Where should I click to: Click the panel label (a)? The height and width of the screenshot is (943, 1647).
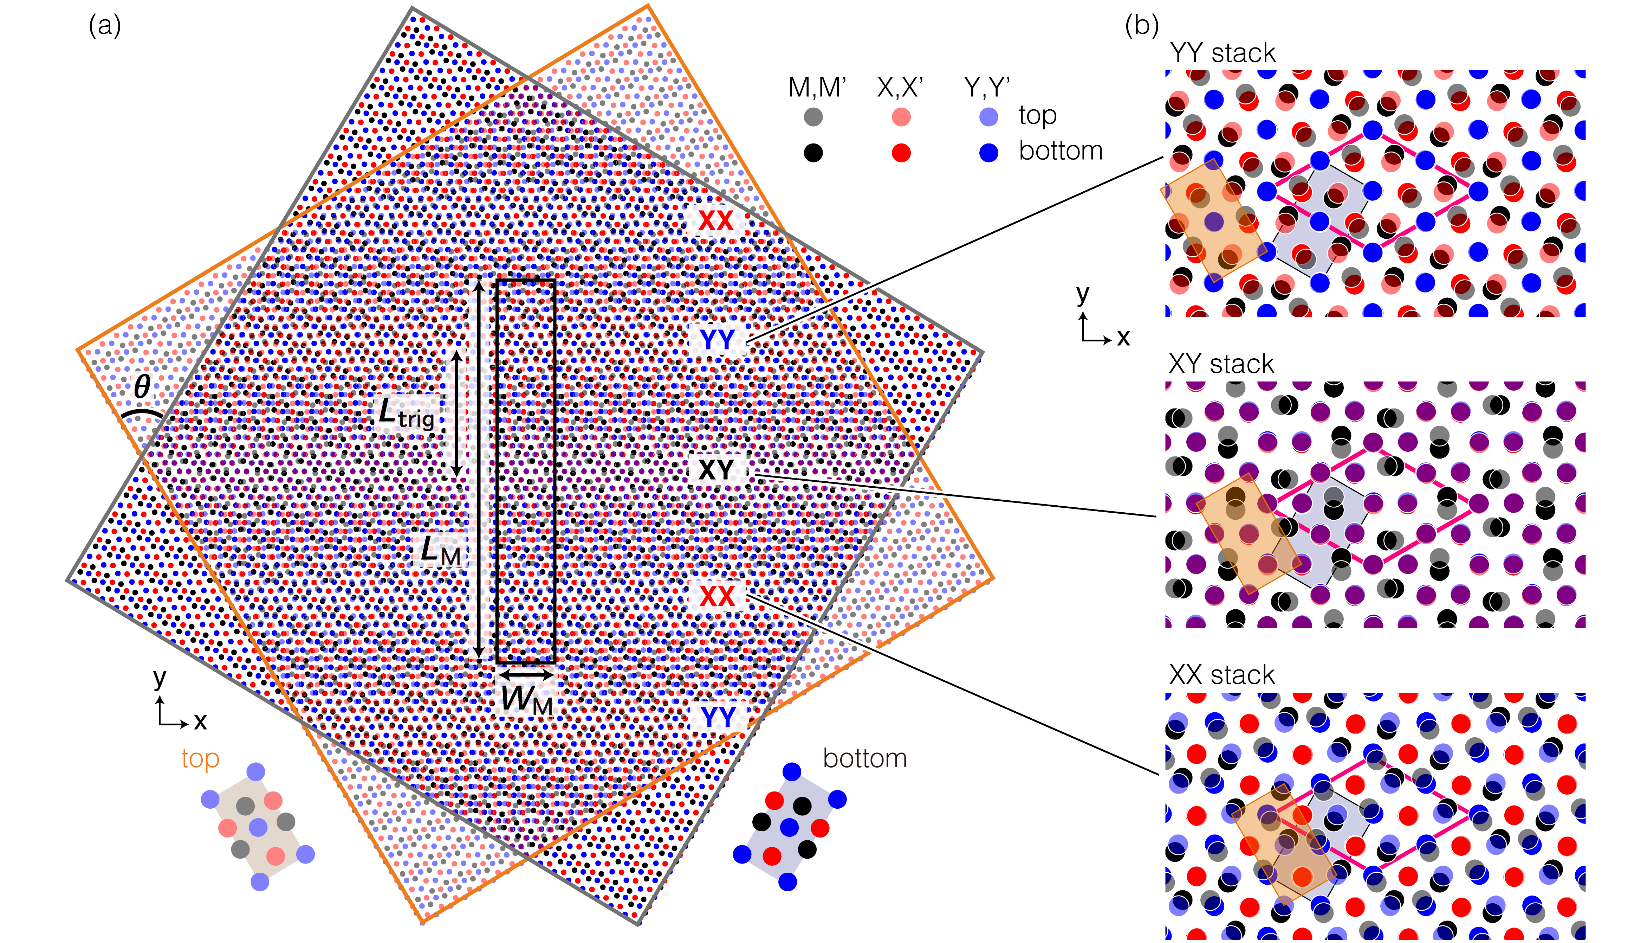[105, 27]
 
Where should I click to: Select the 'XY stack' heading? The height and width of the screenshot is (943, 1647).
[1221, 364]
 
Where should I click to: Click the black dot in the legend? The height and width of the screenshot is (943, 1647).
[813, 153]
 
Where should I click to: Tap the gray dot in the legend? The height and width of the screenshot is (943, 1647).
[813, 117]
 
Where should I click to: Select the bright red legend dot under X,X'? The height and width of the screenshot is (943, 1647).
[901, 153]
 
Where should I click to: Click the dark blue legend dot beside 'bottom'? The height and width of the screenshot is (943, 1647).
[988, 153]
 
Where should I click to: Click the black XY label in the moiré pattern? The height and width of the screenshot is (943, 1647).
[716, 469]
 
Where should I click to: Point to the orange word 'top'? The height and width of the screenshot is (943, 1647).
[200, 758]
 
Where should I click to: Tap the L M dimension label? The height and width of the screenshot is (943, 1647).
[441, 551]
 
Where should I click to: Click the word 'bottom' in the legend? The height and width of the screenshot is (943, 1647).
[1060, 151]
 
